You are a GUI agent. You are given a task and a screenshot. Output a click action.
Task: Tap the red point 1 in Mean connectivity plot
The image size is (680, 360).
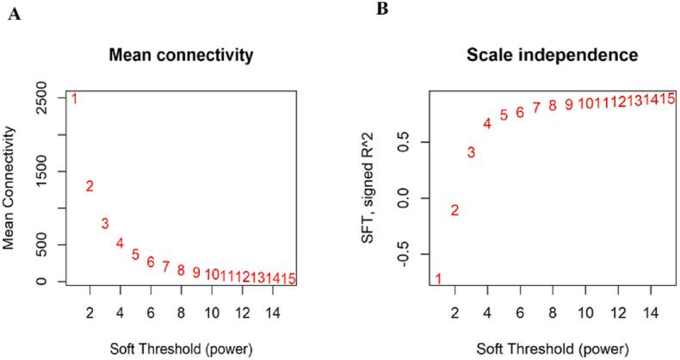74,99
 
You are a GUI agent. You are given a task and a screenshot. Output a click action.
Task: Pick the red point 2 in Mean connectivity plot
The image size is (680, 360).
90,186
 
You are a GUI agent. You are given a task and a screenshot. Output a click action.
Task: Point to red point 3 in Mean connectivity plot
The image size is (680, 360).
105,224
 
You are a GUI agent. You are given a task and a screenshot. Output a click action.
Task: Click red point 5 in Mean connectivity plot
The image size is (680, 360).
135,255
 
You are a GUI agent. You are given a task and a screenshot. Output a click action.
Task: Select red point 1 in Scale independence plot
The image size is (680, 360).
439,278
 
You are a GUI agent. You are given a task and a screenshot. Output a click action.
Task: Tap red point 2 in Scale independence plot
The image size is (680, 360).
454,210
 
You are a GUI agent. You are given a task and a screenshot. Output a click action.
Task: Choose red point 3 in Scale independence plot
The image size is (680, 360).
471,152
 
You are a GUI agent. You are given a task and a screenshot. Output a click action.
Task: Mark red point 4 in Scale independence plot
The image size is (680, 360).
487,124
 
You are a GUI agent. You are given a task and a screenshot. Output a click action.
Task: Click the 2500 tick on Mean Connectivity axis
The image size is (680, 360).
50,97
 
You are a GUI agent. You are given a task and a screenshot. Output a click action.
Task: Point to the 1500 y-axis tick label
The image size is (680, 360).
50,171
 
